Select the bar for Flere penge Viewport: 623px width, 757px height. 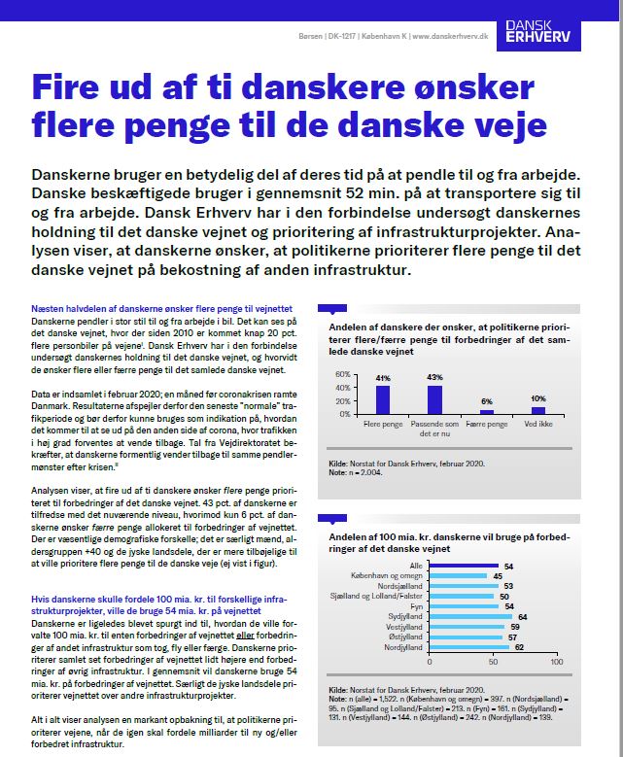pos(383,399)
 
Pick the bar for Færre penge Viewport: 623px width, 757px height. pos(487,411)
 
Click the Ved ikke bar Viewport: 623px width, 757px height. pos(538,408)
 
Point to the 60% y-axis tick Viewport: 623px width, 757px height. pos(343,374)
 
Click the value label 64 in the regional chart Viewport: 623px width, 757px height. pos(522,616)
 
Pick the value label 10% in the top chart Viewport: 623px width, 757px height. pos(538,398)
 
